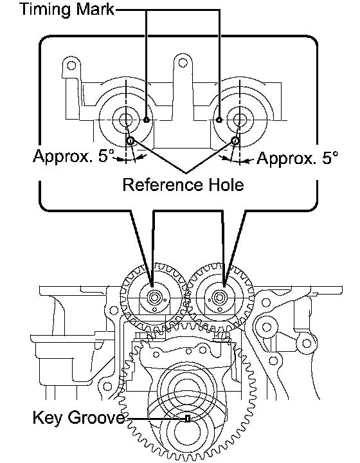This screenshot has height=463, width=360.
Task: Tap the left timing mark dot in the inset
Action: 147,120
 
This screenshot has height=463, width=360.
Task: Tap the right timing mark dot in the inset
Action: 219,120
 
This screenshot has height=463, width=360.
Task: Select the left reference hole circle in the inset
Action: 130,141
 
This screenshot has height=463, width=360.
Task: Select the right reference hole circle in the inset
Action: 235,141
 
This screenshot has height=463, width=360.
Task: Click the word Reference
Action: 163,185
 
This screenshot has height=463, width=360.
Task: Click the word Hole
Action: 226,185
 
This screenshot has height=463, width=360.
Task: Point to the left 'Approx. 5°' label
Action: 74,156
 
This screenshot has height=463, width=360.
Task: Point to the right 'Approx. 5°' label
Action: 298,158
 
